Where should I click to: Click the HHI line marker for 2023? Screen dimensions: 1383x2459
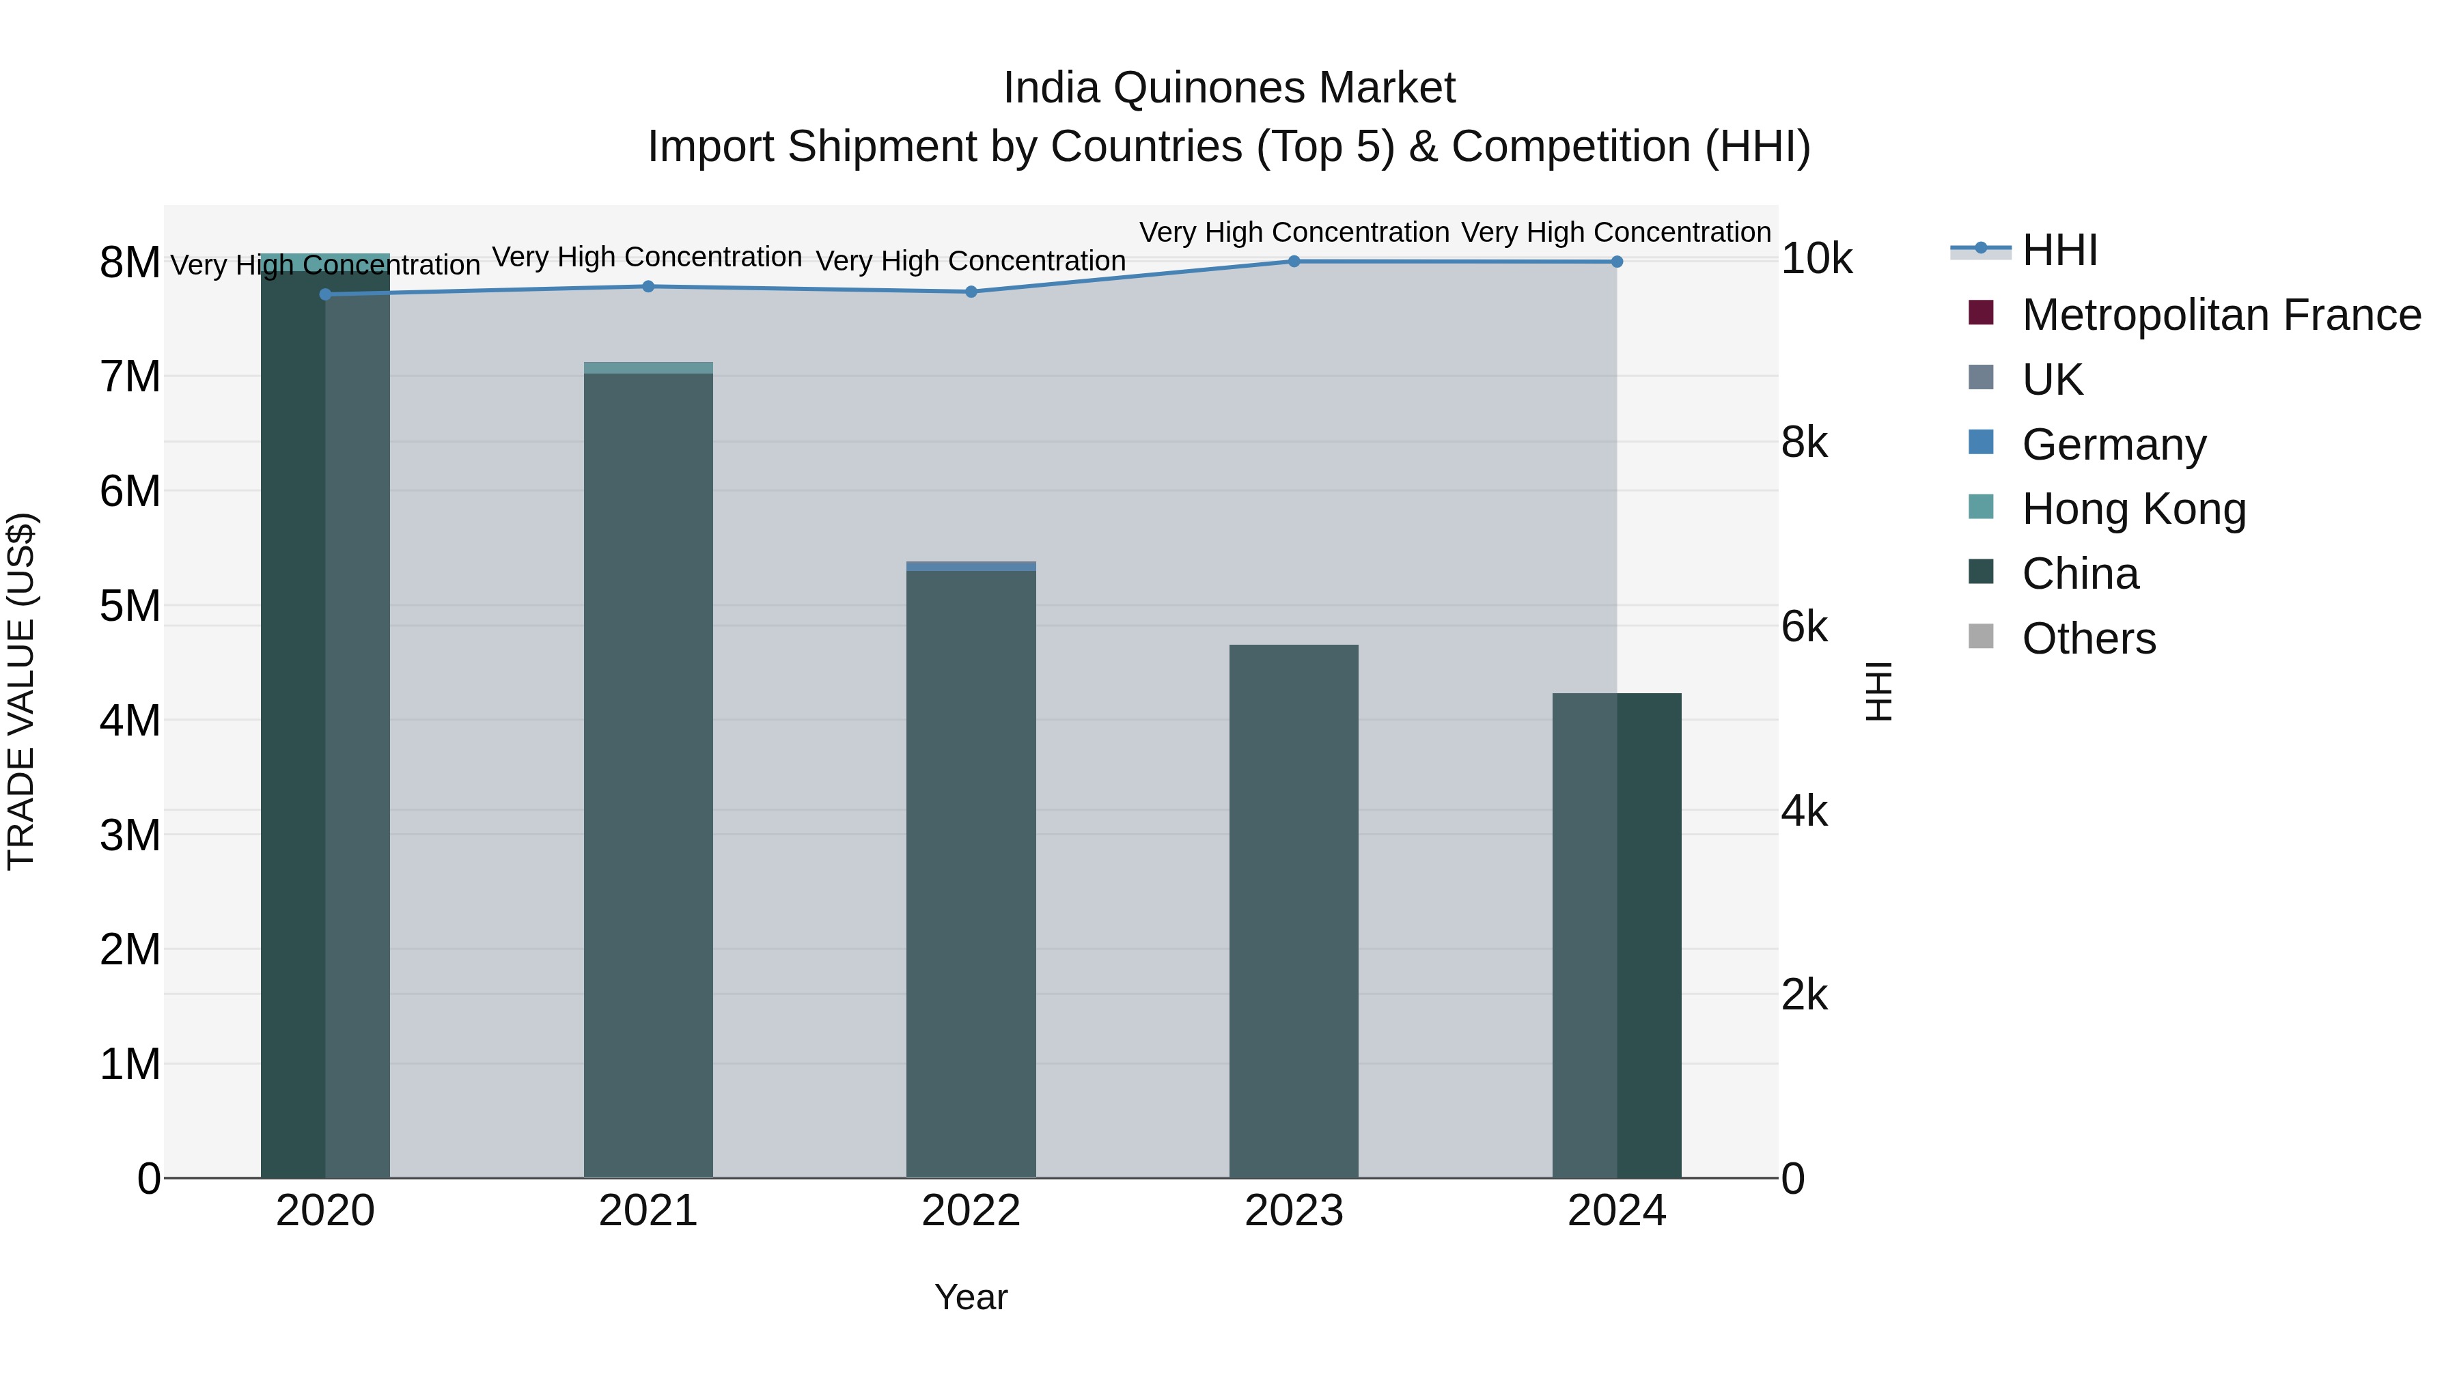click(1294, 261)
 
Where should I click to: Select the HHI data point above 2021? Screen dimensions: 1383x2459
click(648, 286)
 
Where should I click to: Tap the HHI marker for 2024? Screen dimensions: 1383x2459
click(1616, 262)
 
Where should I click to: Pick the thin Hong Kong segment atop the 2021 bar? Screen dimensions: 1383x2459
click(648, 367)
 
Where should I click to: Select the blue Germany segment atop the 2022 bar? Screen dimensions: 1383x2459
click(971, 566)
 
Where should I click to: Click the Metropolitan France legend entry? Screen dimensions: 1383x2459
click(2221, 315)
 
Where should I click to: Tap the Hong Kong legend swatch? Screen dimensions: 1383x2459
click(1981, 507)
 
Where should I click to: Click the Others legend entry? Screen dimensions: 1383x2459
click(2089, 639)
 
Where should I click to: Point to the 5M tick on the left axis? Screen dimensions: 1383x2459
click(130, 606)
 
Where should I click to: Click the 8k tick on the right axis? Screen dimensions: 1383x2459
click(1804, 443)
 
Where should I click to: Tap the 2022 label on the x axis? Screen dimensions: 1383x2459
click(971, 1211)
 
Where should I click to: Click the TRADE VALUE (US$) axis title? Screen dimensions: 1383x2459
click(22, 691)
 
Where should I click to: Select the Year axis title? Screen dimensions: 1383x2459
click(971, 1297)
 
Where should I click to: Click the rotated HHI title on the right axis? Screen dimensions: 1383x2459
click(1878, 691)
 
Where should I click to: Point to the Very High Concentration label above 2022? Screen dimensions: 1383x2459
click(971, 261)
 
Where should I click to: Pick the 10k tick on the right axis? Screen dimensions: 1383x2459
click(1816, 259)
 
